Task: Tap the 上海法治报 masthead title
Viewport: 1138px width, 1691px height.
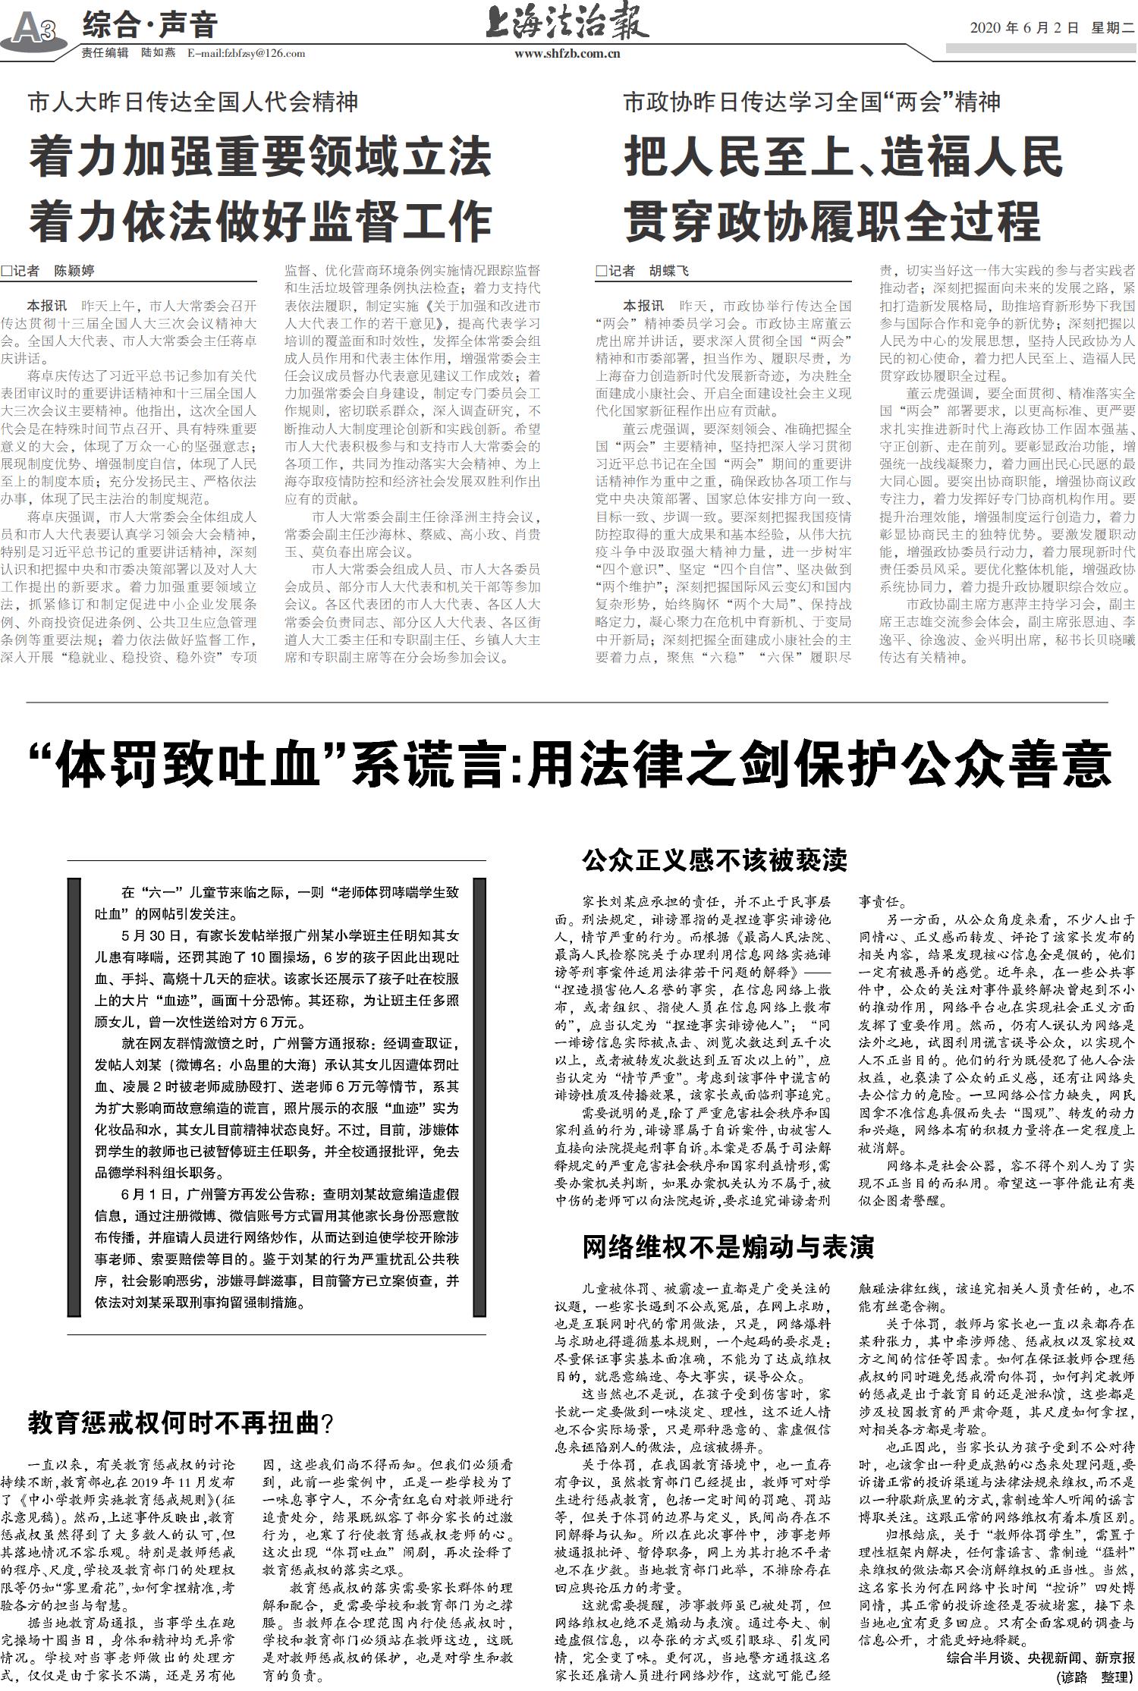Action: (x=568, y=23)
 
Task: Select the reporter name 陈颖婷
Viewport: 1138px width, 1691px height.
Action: (x=74, y=271)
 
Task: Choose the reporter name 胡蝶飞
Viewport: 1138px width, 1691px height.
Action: (x=668, y=271)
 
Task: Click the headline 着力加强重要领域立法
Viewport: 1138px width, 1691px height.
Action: (x=260, y=159)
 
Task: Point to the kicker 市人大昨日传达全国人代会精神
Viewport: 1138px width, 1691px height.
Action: (x=193, y=102)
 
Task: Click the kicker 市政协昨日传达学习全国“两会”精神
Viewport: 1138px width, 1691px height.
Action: (x=812, y=102)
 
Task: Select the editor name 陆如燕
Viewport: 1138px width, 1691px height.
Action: (x=159, y=53)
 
